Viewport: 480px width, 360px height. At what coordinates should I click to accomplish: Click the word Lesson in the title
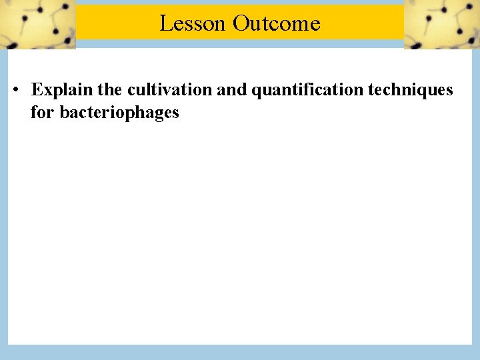[193, 23]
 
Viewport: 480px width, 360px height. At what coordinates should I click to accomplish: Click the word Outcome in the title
[277, 23]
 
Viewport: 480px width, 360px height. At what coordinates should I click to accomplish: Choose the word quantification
[307, 89]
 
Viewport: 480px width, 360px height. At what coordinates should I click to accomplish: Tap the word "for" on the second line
[43, 112]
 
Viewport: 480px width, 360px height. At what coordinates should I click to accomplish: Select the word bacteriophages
[119, 112]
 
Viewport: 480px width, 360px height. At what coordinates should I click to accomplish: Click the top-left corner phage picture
[37, 24]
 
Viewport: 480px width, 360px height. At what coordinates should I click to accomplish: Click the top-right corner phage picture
[441, 24]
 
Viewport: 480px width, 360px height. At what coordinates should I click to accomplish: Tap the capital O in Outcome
[241, 23]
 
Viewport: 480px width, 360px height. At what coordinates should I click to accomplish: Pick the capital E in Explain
[37, 89]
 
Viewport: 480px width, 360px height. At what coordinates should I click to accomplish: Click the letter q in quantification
[256, 91]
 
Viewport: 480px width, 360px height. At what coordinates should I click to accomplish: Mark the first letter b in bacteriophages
[64, 112]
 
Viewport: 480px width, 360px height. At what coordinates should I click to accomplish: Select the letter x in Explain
[47, 90]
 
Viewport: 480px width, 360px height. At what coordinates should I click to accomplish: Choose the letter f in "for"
[34, 111]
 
